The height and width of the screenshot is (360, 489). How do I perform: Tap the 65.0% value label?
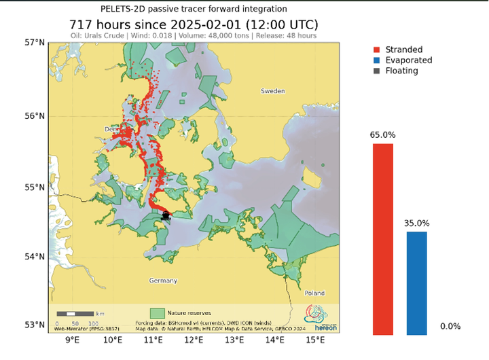tap(383, 135)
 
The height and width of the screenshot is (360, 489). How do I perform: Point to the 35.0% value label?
tap(417, 223)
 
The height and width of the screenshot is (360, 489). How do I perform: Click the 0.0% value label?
tap(450, 327)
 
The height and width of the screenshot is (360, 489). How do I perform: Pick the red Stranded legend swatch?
tap(377, 50)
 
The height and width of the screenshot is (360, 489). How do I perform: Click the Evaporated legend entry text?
tap(407, 60)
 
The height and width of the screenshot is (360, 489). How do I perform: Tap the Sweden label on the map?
tap(273, 90)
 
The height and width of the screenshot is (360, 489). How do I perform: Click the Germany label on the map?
tap(162, 281)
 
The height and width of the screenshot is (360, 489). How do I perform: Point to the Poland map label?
tap(314, 293)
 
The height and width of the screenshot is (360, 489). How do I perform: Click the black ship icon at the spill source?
tap(166, 215)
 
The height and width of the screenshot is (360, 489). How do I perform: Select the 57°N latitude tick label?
tap(34, 43)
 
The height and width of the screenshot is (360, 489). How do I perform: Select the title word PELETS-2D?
tap(124, 9)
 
